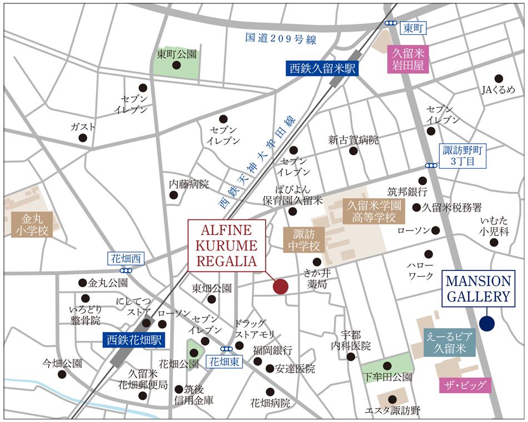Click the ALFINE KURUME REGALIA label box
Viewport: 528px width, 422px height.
226,246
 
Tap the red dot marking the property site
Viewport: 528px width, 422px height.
281,287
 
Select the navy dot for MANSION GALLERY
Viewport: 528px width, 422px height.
487,323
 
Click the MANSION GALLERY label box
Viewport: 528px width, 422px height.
478,289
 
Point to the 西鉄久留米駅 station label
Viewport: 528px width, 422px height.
322,68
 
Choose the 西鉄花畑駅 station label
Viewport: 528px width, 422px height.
134,339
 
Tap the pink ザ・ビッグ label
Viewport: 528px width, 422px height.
465,385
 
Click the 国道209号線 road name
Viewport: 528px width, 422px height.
281,39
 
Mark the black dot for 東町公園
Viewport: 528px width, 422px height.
177,66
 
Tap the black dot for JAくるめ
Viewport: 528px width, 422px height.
499,78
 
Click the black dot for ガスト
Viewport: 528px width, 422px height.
83,138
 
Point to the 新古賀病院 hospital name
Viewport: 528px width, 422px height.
353,140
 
